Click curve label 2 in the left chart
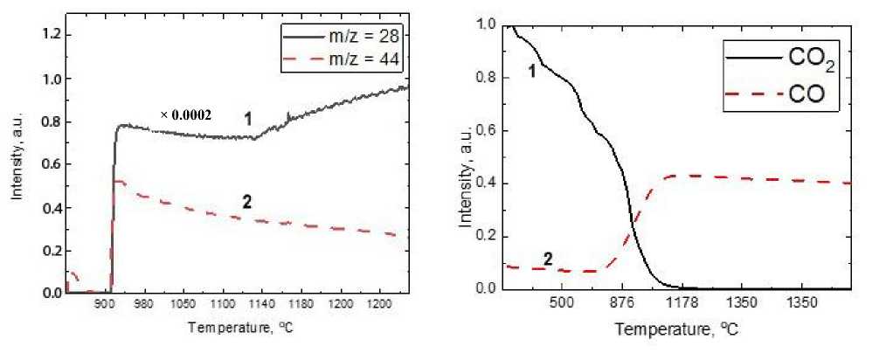[x=247, y=203]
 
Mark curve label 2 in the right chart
[x=549, y=260]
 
